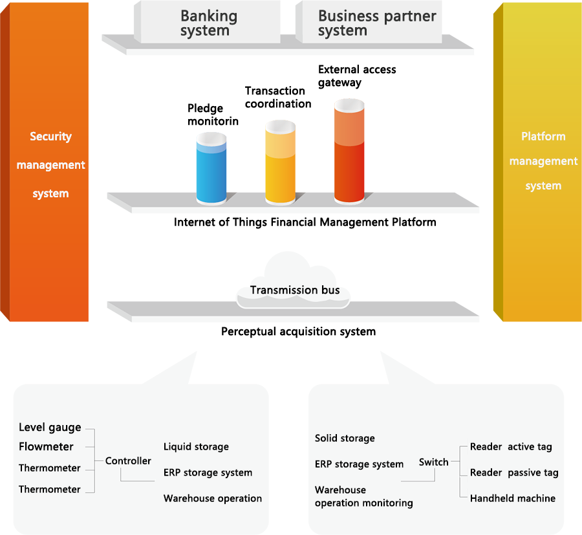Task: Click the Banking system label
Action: pos(209,23)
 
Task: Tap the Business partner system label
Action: pos(377,23)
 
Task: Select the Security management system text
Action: pos(50,165)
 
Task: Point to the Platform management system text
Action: pos(543,161)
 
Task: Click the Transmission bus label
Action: pos(295,290)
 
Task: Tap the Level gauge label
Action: pos(50,428)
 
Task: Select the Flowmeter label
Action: pos(46,447)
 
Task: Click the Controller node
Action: pos(128,461)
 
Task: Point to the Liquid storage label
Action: pos(196,447)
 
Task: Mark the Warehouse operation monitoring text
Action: pos(363,497)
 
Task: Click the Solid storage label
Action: pos(345,439)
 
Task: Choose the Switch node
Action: pos(433,463)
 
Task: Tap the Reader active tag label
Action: pos(511,447)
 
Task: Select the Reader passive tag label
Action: pos(514,473)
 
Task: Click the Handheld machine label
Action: pos(513,499)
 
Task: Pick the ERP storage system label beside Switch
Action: pos(359,464)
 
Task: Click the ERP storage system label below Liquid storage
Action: pos(208,473)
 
